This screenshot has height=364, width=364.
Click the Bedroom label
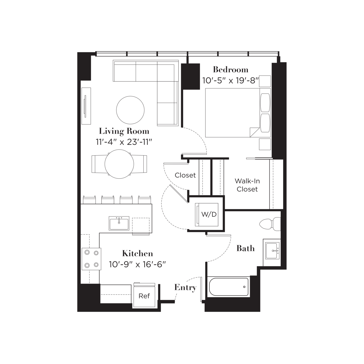(231, 69)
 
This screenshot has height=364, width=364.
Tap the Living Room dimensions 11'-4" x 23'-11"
(124, 142)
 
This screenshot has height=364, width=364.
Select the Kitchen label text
(138, 253)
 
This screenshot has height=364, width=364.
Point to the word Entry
(185, 288)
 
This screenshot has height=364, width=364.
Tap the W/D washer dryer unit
(207, 214)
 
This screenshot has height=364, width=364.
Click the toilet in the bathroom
(270, 224)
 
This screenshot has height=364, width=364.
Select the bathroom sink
(272, 251)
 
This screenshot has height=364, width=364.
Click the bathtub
(229, 287)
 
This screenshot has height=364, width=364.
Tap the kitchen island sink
(119, 223)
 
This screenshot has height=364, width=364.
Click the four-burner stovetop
(92, 259)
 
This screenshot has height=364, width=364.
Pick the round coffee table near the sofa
(130, 110)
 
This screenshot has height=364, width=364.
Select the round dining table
(119, 164)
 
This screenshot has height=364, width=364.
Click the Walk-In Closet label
(247, 185)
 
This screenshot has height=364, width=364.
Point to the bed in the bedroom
(238, 113)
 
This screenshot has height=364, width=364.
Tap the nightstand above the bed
(265, 81)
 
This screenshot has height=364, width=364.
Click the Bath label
(245, 248)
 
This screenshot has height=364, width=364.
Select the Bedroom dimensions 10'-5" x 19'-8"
(230, 81)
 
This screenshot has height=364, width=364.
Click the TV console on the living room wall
(86, 106)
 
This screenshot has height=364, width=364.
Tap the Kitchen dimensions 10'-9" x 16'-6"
(137, 264)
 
